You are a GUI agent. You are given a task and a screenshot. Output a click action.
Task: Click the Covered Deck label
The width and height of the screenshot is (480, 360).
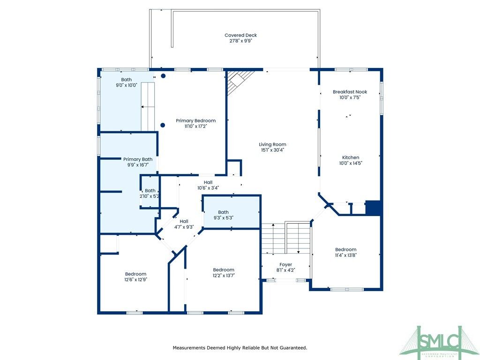(x=240, y=35)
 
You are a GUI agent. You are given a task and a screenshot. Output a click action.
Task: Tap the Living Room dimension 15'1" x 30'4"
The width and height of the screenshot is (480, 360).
(x=273, y=150)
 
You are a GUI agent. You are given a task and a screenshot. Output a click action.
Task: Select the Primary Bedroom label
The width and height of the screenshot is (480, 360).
(x=195, y=120)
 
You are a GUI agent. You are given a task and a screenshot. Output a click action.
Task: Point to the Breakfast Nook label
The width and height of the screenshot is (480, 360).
(x=350, y=92)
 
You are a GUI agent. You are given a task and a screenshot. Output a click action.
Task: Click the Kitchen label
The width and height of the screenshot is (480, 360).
(x=350, y=157)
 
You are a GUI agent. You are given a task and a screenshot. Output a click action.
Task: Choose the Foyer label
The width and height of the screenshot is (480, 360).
(x=285, y=264)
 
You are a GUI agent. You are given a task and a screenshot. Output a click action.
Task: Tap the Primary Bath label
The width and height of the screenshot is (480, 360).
(x=138, y=159)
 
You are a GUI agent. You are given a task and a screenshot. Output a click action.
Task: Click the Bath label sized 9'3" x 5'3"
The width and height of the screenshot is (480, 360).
(x=223, y=212)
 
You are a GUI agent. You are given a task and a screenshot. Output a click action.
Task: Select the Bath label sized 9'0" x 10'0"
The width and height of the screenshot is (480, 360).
(x=126, y=80)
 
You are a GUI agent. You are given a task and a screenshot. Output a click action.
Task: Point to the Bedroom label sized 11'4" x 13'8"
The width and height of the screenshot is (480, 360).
(x=345, y=249)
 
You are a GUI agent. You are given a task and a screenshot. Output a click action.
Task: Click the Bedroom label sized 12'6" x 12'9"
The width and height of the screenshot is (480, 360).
(x=135, y=274)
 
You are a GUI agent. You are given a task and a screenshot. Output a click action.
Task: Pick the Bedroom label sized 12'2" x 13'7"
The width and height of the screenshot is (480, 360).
(x=224, y=270)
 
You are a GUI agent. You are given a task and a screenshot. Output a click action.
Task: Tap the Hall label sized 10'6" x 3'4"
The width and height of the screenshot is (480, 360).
(x=208, y=182)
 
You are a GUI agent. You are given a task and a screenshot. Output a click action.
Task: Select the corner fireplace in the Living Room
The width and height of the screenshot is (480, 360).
(x=239, y=80)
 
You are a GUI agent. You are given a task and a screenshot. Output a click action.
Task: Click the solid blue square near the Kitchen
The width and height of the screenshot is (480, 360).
(x=373, y=208)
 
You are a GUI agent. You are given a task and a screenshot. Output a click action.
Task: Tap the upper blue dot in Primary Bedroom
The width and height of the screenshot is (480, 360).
(x=163, y=76)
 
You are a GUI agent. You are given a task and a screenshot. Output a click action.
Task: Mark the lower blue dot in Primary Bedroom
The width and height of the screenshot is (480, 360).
(x=163, y=125)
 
